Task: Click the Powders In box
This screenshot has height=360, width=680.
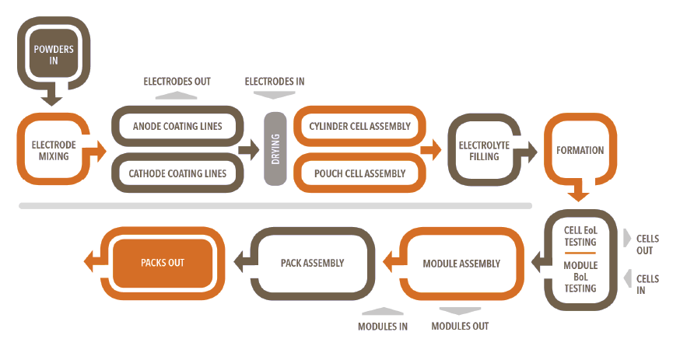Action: [53, 54]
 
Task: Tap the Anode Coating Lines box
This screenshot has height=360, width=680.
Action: [177, 126]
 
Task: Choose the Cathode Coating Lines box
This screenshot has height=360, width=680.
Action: [177, 173]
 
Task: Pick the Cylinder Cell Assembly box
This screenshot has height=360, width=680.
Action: [359, 126]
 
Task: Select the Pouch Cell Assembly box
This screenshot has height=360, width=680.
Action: [358, 173]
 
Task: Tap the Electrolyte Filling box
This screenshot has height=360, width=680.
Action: [484, 150]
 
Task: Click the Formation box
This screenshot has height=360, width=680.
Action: [580, 150]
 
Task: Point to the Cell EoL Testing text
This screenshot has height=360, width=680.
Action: [580, 236]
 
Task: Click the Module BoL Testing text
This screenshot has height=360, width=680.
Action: [580, 277]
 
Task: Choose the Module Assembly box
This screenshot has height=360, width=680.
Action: [461, 264]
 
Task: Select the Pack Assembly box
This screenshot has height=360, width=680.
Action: [312, 264]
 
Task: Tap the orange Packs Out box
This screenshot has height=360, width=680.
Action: [163, 263]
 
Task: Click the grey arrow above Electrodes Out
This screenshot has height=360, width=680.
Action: [177, 96]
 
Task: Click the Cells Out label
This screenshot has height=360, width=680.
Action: [647, 245]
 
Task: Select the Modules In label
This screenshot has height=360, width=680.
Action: [383, 326]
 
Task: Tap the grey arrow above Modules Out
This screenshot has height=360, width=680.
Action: [461, 309]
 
